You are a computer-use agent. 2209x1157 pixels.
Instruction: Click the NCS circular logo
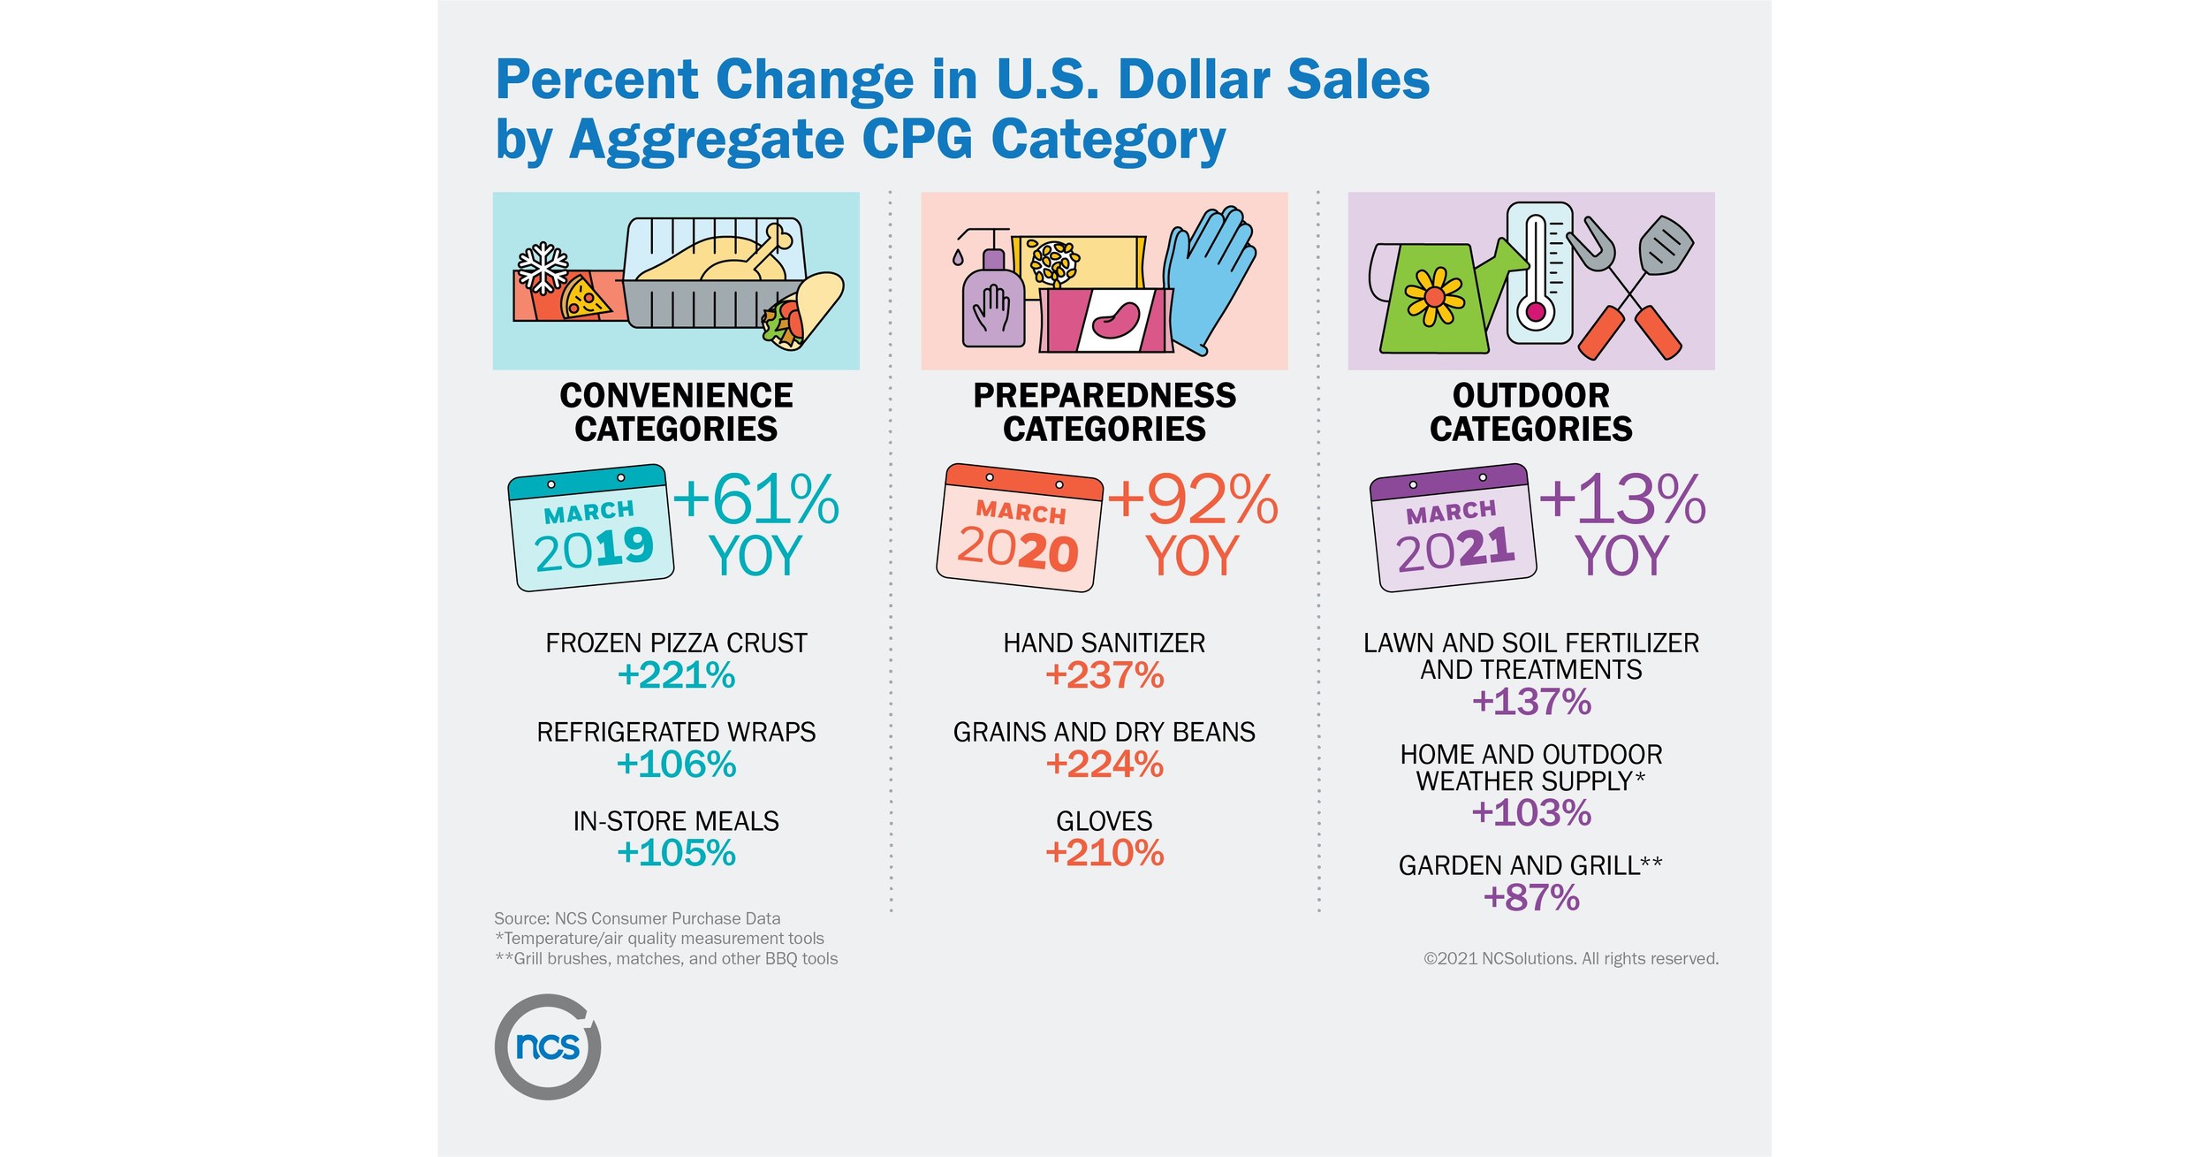(x=548, y=1047)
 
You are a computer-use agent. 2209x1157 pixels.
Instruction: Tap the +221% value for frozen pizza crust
(x=676, y=676)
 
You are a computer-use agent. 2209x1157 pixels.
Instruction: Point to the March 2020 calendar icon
(x=1019, y=529)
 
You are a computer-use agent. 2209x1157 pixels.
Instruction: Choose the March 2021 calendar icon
(x=1453, y=529)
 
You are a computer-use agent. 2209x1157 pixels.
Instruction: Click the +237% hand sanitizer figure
(x=1104, y=676)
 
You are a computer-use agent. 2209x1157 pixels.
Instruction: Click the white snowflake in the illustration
(x=542, y=267)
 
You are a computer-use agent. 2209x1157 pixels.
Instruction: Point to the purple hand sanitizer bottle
(x=993, y=301)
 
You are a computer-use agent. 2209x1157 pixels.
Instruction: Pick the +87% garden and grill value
(x=1531, y=898)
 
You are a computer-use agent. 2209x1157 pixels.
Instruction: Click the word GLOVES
(x=1104, y=821)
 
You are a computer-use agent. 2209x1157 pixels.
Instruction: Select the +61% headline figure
(x=756, y=500)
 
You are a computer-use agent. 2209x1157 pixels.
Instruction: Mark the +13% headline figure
(x=1622, y=500)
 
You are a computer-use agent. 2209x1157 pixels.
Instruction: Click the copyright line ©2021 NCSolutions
(x=1570, y=959)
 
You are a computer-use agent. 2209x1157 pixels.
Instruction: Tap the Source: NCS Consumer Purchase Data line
(x=637, y=918)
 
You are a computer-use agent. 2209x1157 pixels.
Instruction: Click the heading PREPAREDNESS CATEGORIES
(x=1104, y=412)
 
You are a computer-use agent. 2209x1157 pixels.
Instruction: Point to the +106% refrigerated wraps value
(x=676, y=765)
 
